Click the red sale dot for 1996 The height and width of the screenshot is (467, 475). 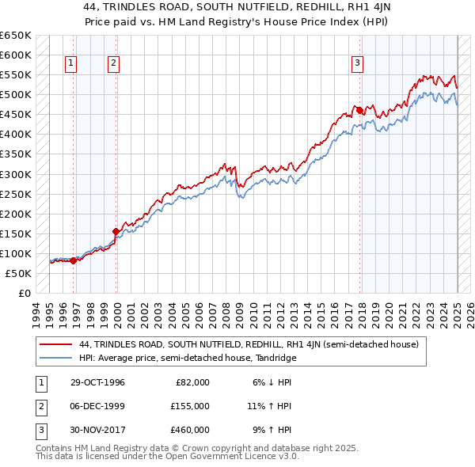coord(74,260)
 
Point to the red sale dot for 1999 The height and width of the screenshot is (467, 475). coord(116,231)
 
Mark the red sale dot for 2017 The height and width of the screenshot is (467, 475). coord(359,110)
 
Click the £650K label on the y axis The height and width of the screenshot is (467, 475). coord(16,36)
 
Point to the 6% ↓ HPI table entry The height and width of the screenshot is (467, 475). coord(272,382)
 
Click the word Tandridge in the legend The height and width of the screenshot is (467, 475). coord(275,358)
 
